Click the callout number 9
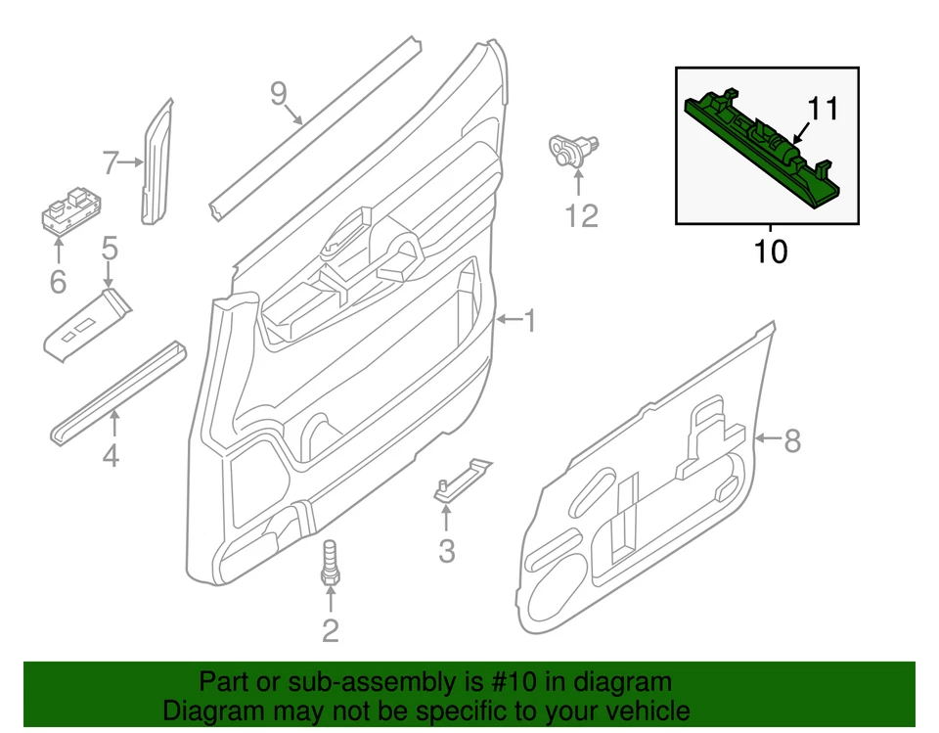[279, 94]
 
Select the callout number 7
[111, 162]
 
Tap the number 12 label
[581, 215]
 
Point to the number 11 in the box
[824, 109]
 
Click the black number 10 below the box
[771, 252]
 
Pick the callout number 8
[791, 441]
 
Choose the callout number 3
[446, 552]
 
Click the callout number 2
[331, 631]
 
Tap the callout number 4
[112, 455]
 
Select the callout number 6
[58, 283]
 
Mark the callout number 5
[110, 248]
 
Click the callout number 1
[528, 321]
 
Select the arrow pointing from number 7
[132, 162]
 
